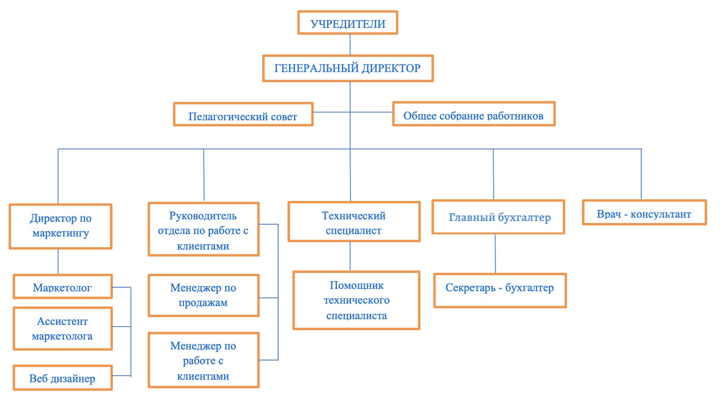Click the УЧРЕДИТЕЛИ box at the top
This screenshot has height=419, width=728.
(x=348, y=22)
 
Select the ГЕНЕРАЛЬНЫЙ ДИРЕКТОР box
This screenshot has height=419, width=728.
(x=348, y=68)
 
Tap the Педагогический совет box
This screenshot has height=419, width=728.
(x=243, y=114)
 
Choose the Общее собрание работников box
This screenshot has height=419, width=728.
(x=474, y=114)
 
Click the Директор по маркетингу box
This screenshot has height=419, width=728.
(x=60, y=227)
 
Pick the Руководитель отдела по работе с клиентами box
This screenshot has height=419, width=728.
(x=203, y=229)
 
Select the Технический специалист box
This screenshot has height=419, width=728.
(x=354, y=222)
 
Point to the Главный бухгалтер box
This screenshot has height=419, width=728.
(x=498, y=217)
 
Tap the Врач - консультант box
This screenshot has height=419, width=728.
(x=644, y=213)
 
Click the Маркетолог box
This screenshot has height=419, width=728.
(x=63, y=286)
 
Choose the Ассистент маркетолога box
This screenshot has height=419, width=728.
(x=63, y=329)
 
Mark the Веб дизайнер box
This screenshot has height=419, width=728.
(x=63, y=378)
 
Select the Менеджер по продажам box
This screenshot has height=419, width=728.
(x=203, y=296)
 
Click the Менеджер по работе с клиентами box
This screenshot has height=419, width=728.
(x=203, y=360)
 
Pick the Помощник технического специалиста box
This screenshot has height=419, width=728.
(x=356, y=301)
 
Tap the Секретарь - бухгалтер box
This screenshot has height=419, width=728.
(x=500, y=290)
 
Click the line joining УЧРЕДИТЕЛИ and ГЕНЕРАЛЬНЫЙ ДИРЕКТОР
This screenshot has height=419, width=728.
(x=350, y=45)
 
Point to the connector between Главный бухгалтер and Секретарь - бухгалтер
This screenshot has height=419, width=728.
(x=495, y=254)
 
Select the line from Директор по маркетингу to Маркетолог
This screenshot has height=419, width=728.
(x=58, y=262)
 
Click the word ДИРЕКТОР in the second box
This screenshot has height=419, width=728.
(x=391, y=68)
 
